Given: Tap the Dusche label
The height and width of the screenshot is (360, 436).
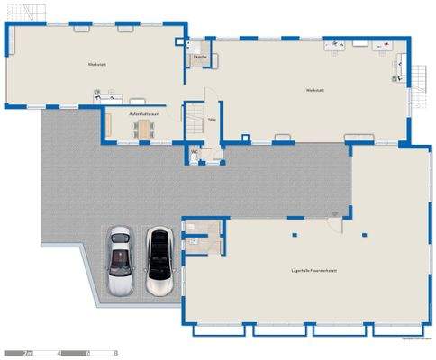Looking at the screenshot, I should [199, 58].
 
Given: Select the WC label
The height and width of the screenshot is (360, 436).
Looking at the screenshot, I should [194, 152].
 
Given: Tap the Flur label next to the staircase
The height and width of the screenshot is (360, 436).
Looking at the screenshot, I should [212, 119].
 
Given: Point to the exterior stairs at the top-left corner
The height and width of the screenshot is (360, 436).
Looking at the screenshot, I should [34, 13].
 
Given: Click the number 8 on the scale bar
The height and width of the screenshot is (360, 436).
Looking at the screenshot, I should [116, 352].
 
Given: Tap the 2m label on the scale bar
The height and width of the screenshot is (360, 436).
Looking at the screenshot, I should [29, 352].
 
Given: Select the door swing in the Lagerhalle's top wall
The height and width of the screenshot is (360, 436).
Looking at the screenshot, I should [337, 217].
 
